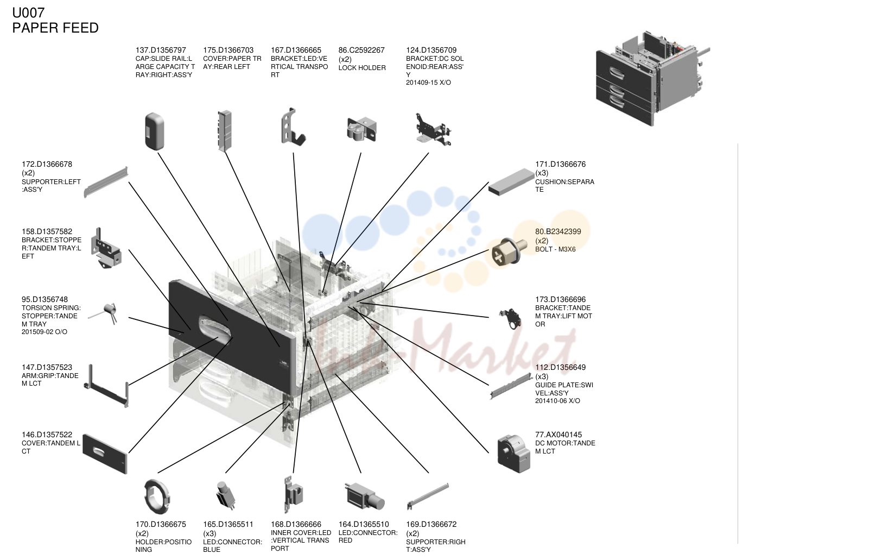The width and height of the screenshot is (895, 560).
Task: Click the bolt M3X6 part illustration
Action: pos(506,251)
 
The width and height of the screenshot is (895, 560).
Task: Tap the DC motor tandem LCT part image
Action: pos(513,454)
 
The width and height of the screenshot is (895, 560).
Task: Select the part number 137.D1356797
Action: pos(161,51)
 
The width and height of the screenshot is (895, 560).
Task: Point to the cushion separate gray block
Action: pos(511,182)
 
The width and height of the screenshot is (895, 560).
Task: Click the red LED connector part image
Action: pos(364,496)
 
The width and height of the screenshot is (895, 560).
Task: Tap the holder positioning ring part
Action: pos(157,496)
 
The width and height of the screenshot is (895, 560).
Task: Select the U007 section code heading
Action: pos(28,13)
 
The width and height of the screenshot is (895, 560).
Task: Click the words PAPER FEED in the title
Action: pos(55,28)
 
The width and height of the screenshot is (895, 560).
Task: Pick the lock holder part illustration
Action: pos(361,129)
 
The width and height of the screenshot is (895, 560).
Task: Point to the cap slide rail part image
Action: pos(155,131)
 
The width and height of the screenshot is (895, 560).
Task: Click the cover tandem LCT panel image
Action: pos(105,454)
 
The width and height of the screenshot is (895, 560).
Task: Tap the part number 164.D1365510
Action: pos(364,524)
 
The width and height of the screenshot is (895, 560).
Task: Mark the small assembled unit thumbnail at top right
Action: pos(652,78)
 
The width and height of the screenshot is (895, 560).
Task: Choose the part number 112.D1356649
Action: pos(561,367)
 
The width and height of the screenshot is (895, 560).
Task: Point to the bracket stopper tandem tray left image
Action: pos(106,249)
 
